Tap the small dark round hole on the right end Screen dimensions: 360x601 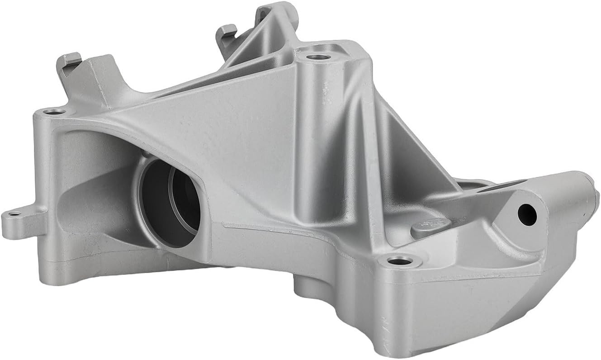pyautogui.click(x=527, y=214)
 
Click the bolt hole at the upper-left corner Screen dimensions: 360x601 pyautogui.click(x=54, y=111)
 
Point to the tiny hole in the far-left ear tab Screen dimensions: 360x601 pyautogui.click(x=14, y=214)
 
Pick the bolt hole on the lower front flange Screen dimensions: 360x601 pyautogui.click(x=400, y=261)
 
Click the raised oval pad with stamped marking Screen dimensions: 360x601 pyautogui.click(x=431, y=227)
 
